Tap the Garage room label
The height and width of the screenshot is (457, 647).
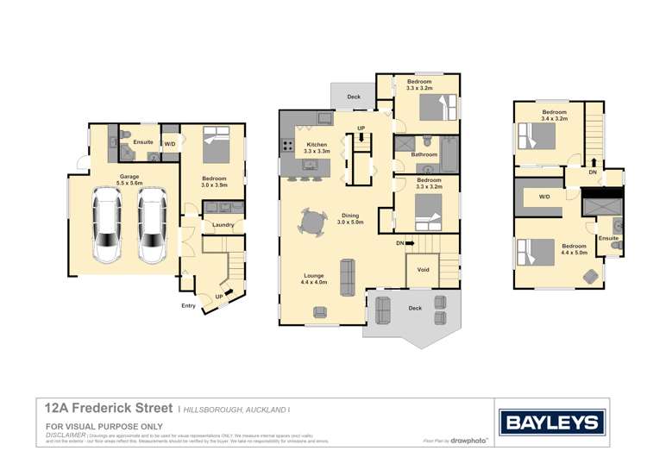pos(129,179)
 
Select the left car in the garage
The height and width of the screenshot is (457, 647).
pos(109,227)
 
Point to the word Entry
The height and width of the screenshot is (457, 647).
pos(188,305)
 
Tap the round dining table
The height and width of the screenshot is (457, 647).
pos(313,222)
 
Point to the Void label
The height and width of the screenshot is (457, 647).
pos(423,269)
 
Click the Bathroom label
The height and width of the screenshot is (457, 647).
pos(424,155)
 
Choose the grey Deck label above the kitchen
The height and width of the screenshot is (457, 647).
pos(354,97)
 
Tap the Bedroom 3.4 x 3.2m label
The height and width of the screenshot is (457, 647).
pos(554,116)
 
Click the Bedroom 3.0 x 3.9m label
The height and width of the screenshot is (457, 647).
pos(213,182)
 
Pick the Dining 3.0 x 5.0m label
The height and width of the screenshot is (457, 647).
pos(349,219)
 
